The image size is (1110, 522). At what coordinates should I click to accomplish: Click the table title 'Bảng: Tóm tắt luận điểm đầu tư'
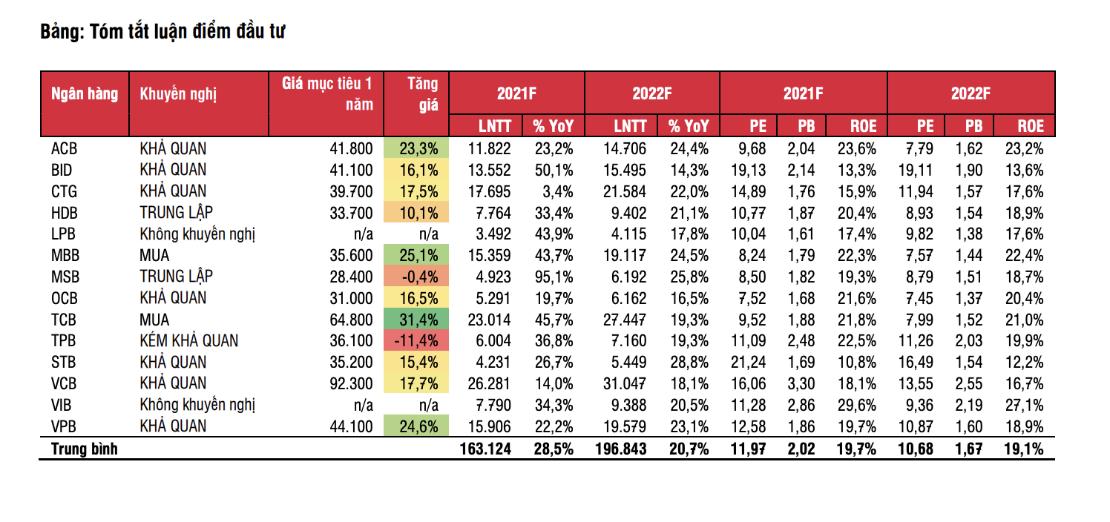click(x=162, y=32)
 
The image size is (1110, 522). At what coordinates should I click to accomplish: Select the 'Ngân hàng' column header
click(x=84, y=94)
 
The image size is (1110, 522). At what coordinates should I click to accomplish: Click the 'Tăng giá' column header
click(x=422, y=94)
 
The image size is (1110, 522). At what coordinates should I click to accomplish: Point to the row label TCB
click(x=65, y=320)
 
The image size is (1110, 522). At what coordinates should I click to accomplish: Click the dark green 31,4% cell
click(x=417, y=320)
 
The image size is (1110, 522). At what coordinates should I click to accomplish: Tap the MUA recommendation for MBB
click(x=154, y=256)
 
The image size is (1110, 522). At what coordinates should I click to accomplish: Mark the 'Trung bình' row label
click(x=84, y=449)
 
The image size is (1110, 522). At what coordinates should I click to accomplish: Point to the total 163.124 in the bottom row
click(x=487, y=449)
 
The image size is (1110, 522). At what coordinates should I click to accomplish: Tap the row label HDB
click(x=65, y=214)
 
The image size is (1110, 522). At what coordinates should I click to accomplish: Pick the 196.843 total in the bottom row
click(x=621, y=449)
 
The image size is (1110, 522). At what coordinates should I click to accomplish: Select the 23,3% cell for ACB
click(x=417, y=148)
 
